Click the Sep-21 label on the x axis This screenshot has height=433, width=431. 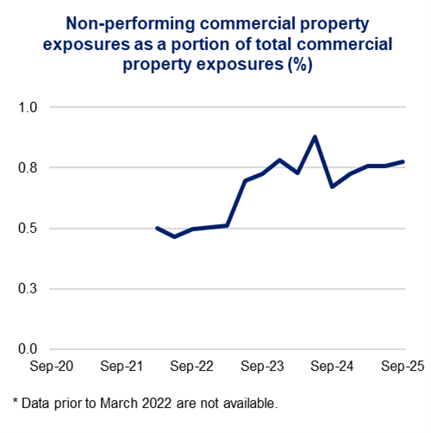tap(122, 366)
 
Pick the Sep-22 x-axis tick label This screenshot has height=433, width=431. tap(192, 366)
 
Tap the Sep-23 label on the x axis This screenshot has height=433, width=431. tap(263, 366)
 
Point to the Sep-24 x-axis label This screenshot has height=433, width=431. tap(333, 366)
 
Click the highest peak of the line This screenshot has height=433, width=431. tap(315, 136)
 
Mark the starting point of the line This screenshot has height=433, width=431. tap(157, 228)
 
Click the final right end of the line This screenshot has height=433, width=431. tap(403, 161)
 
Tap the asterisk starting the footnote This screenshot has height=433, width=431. tap(15, 402)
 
